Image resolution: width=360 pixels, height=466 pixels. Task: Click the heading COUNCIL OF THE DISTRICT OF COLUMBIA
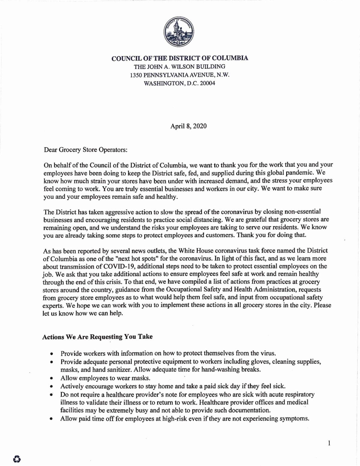(x=180, y=58)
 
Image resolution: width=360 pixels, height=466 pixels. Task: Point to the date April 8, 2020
(x=188, y=126)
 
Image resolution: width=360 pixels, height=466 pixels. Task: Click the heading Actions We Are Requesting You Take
(x=97, y=337)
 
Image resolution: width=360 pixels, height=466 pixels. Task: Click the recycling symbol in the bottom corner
(x=17, y=458)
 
